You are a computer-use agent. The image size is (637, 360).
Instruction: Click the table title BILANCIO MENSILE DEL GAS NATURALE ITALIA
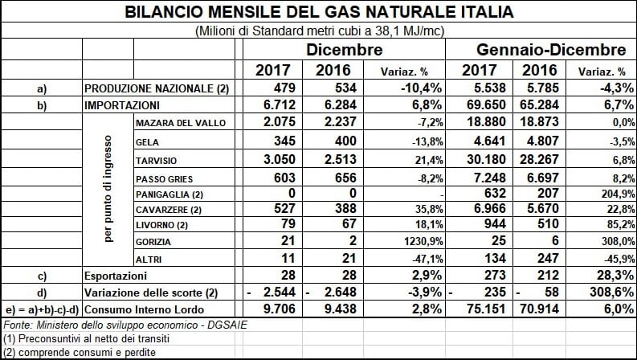coord(319,11)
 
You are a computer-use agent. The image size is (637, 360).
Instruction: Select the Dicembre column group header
coord(344,50)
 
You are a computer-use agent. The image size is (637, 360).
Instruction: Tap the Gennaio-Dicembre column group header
coord(551,50)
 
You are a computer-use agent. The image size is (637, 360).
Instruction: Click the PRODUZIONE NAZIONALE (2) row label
coord(157,88)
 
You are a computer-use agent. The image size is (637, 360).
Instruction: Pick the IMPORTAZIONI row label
coord(122,105)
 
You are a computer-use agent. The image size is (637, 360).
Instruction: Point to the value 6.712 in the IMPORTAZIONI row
coord(279,104)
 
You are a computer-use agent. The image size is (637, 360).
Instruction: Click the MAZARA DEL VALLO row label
coord(181,123)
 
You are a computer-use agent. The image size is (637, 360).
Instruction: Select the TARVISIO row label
coord(157,161)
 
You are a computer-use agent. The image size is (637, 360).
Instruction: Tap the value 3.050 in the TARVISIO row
coord(279,159)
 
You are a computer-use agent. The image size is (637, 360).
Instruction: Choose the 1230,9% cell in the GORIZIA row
coord(423,241)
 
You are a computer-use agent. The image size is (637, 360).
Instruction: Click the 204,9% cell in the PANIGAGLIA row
coord(618,194)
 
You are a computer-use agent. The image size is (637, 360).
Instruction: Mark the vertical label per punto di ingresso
coord(108,189)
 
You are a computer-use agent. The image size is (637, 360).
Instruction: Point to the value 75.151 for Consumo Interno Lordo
coord(486,309)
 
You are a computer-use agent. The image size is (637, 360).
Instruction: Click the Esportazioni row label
coord(116,276)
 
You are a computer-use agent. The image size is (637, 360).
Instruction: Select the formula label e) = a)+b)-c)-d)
coord(42,310)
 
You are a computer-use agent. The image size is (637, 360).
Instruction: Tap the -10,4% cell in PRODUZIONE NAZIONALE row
coord(421,88)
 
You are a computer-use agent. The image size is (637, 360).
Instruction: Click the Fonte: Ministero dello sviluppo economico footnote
coord(125,325)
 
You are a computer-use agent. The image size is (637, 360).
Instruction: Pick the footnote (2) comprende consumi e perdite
coord(80,352)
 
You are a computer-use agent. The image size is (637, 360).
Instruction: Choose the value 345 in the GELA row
coord(284,141)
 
